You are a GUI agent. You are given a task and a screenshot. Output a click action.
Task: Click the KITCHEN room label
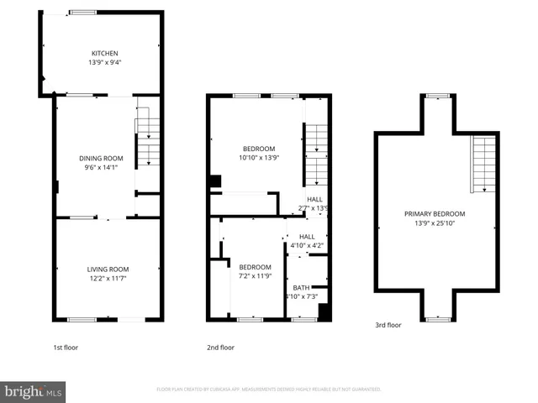pyautogui.click(x=104, y=53)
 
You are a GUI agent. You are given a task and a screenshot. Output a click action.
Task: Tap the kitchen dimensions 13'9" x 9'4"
pyautogui.click(x=104, y=62)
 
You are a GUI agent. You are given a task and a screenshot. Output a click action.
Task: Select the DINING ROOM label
pyautogui.click(x=101, y=158)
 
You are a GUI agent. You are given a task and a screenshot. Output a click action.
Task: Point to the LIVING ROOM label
pyautogui.click(x=108, y=269)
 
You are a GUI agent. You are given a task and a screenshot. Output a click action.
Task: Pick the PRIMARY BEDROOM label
pyautogui.click(x=434, y=213)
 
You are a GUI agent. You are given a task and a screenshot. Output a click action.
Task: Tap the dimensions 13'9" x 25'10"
pyautogui.click(x=434, y=222)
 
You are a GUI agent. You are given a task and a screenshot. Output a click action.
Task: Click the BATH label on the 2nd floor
pyautogui.click(x=301, y=287)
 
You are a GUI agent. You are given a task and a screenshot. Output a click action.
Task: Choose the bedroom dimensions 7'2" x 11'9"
pyautogui.click(x=256, y=275)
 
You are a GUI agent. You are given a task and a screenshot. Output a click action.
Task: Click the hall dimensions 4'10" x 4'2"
pyautogui.click(x=307, y=246)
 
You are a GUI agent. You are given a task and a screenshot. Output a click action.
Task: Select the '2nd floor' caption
pyautogui.click(x=220, y=347)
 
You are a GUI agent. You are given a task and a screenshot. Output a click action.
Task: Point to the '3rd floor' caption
pyautogui.click(x=388, y=325)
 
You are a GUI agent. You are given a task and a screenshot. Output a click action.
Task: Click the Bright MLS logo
pyautogui.click(x=33, y=390)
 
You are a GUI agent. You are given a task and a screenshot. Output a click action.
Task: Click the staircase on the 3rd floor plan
pyautogui.click(x=484, y=164)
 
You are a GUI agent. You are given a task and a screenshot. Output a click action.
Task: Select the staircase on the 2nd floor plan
pyautogui.click(x=316, y=155)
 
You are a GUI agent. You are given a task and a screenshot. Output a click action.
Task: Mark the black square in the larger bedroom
pyautogui.click(x=215, y=181)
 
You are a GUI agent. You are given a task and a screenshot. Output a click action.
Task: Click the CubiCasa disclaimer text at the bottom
pyautogui.click(x=269, y=390)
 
